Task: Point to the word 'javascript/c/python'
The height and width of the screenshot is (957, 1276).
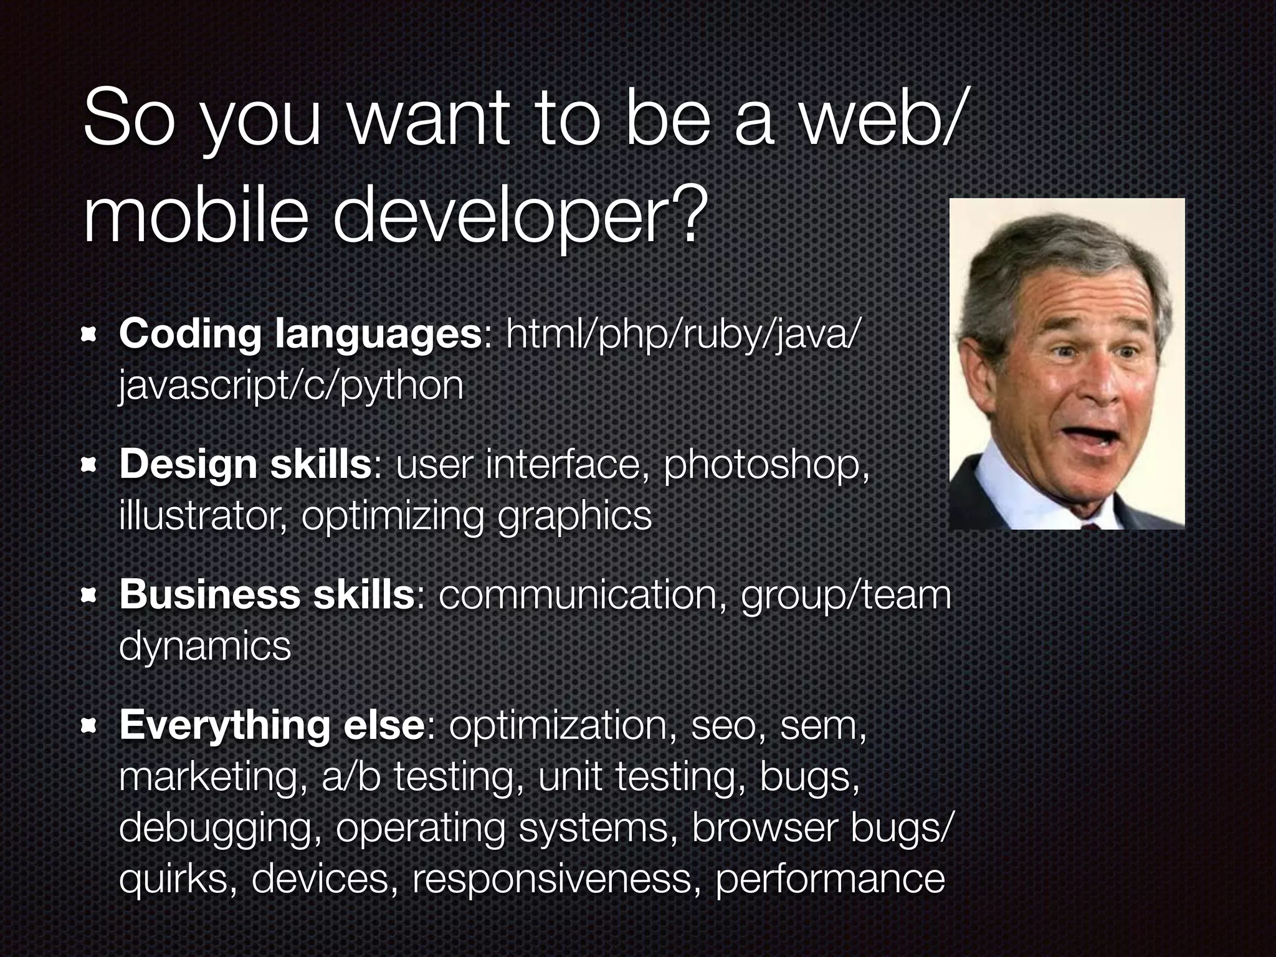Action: [291, 386]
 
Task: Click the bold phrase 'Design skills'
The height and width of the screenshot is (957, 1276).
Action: [245, 465]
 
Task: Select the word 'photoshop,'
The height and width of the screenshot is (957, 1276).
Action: [766, 465]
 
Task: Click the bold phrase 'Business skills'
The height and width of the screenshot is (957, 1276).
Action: [267, 595]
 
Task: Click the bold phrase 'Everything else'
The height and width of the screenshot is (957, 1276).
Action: [272, 725]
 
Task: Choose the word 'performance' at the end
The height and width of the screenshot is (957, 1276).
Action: [829, 879]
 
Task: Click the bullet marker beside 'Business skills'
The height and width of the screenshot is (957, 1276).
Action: [90, 596]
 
